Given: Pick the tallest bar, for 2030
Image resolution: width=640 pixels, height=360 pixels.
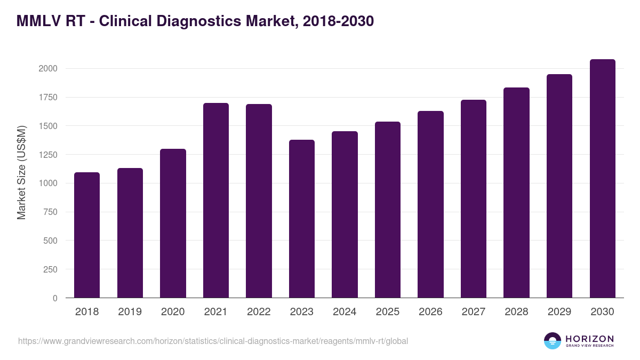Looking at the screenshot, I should click(x=603, y=178).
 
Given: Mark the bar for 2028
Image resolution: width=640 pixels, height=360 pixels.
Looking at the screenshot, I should click(x=516, y=193).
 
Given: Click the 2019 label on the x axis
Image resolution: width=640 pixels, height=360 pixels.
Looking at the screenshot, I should click(x=130, y=312).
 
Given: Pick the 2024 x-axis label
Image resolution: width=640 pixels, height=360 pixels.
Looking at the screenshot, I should click(x=345, y=312).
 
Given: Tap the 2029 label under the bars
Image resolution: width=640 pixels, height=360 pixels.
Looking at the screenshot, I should click(x=559, y=312).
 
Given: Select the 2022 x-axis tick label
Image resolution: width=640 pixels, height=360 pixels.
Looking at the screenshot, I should click(x=259, y=312).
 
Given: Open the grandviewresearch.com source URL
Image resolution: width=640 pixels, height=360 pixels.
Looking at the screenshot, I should click(x=213, y=341).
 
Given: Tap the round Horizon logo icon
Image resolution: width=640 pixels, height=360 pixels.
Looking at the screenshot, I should click(x=553, y=341).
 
